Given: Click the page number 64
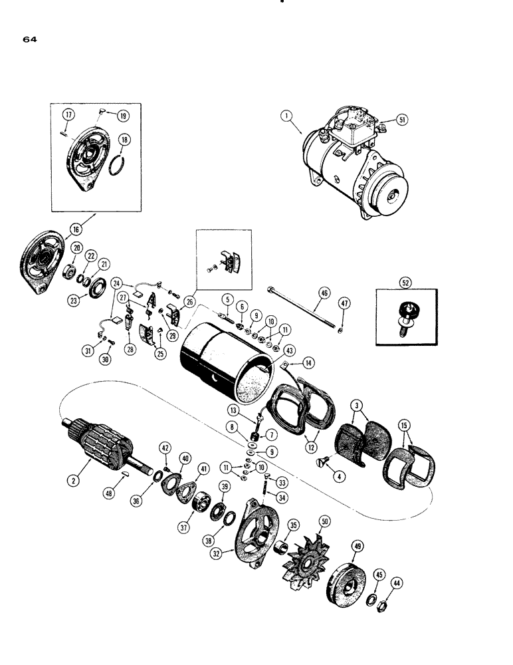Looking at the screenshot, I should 29,39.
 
